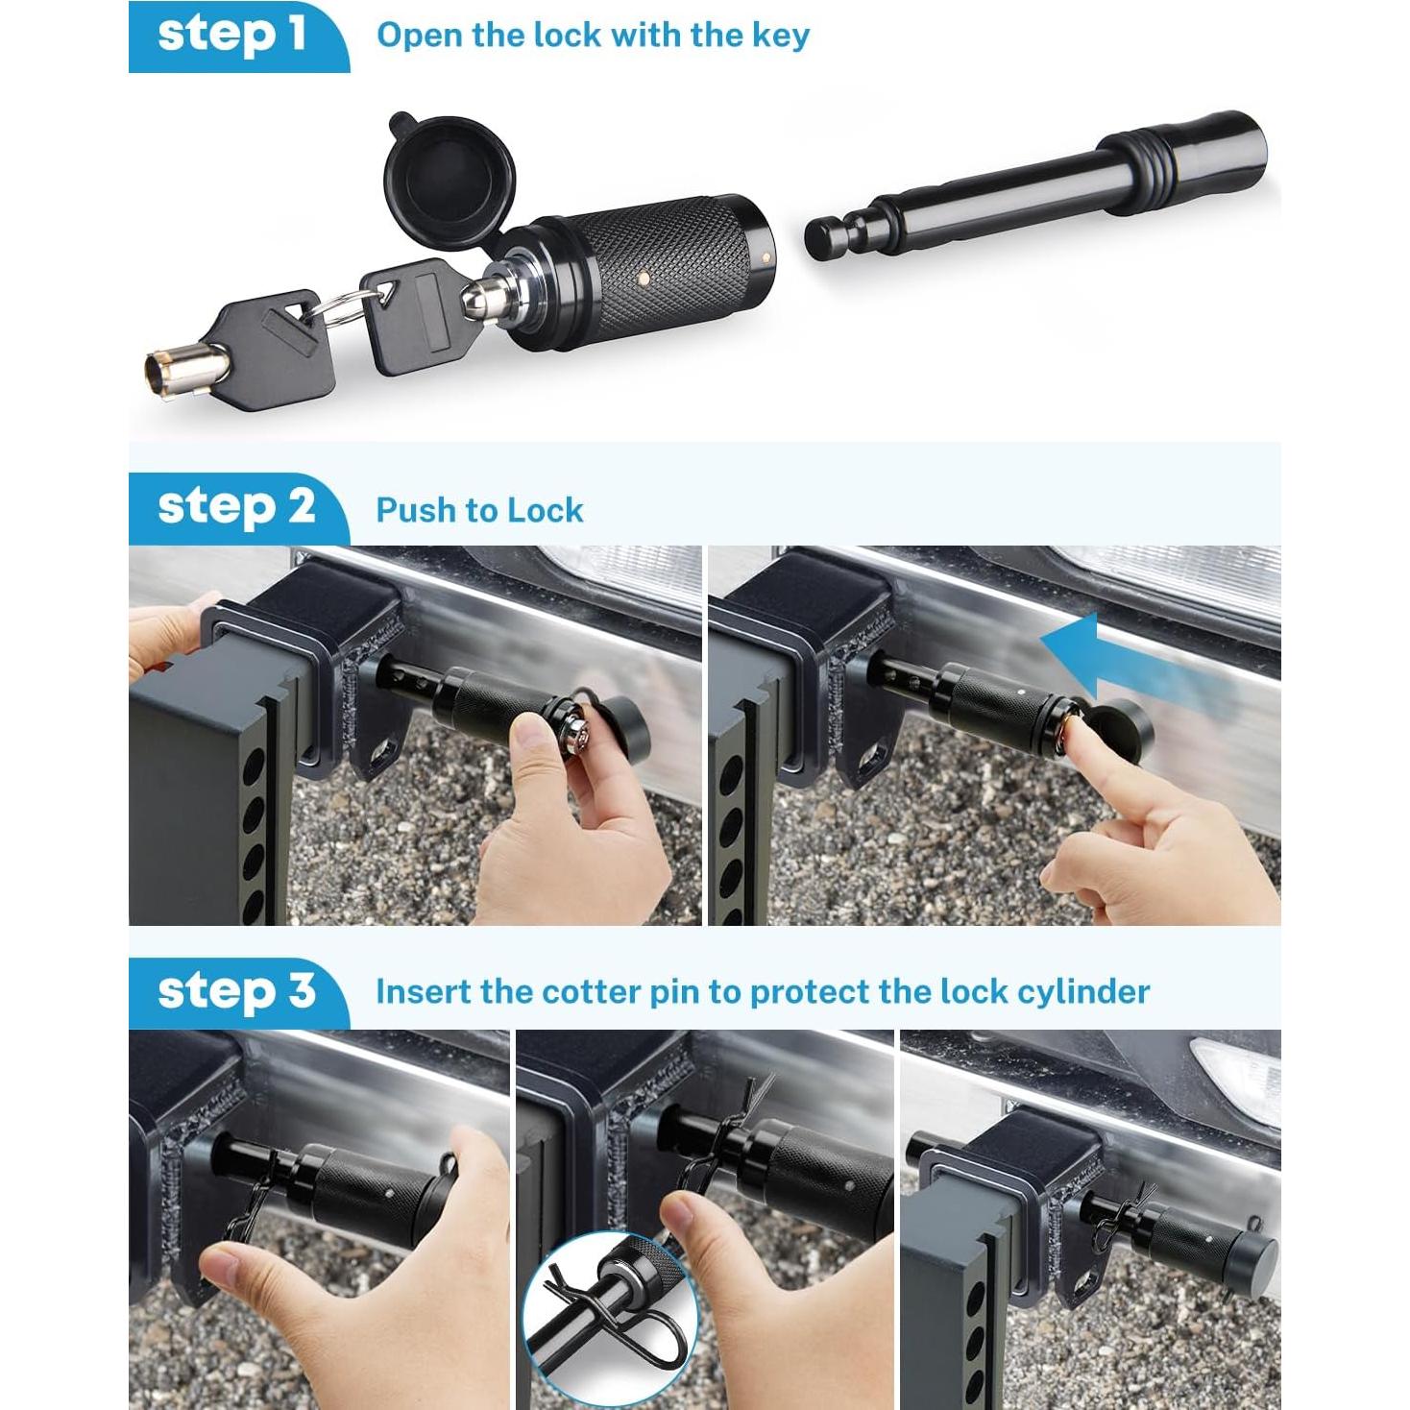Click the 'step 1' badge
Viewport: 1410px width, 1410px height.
[232, 35]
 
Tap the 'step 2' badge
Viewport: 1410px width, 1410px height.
[235, 507]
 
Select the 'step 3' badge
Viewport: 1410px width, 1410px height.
[235, 990]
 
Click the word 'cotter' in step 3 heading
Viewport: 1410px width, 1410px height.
[591, 991]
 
